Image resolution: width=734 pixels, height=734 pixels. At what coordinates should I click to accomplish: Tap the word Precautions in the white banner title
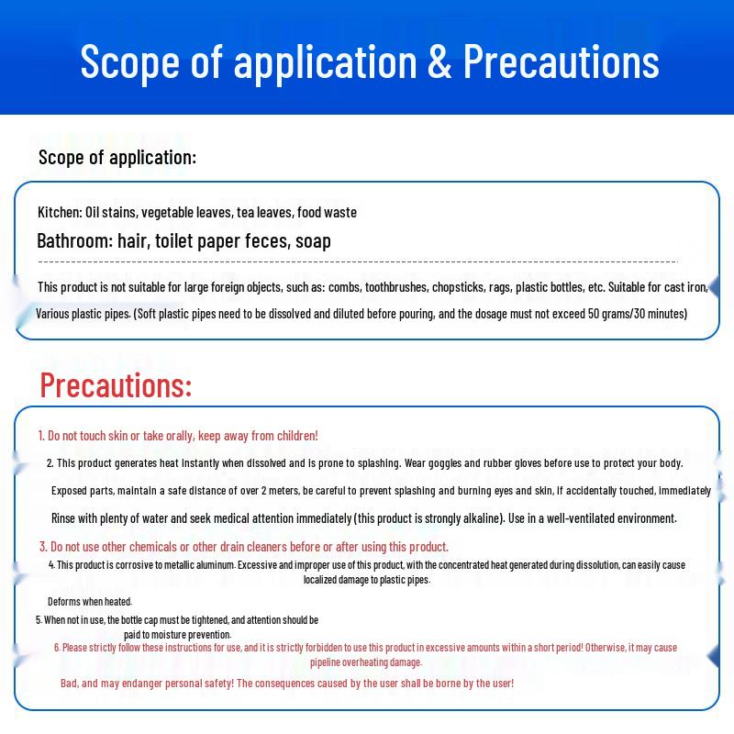[561, 61]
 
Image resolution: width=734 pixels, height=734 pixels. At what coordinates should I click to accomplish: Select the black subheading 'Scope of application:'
[117, 157]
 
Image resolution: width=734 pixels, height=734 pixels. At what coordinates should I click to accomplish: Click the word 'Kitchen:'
[60, 212]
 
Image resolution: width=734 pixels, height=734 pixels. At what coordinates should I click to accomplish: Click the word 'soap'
[314, 241]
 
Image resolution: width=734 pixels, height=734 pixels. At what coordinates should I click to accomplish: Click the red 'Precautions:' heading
[116, 384]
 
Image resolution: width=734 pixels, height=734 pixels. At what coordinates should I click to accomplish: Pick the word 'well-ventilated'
[595, 518]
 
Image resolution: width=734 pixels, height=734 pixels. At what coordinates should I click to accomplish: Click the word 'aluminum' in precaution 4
[212, 565]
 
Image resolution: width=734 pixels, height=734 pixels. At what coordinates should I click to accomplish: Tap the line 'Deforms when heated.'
[90, 602]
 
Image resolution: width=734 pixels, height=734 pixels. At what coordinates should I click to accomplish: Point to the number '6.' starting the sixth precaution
[57, 648]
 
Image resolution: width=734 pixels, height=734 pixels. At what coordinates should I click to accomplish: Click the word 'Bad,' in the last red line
[70, 684]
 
